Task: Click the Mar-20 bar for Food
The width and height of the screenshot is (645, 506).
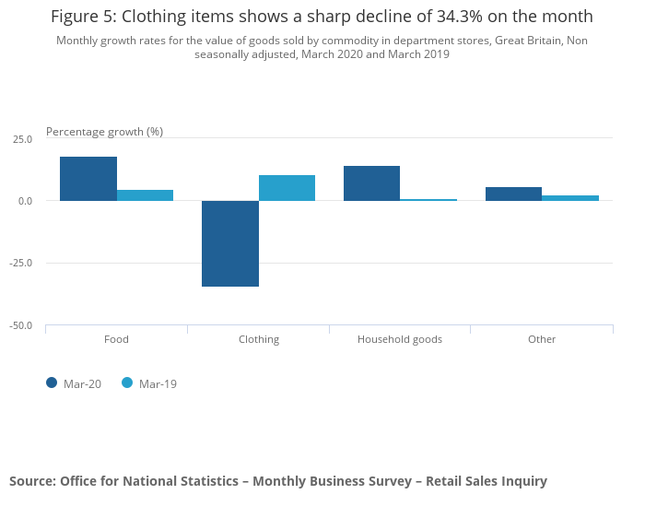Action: click(x=88, y=179)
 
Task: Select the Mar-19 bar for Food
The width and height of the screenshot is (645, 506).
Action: click(x=145, y=195)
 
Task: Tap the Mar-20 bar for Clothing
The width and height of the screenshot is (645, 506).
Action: click(x=230, y=243)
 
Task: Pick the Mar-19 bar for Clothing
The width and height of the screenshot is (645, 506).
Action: click(x=287, y=188)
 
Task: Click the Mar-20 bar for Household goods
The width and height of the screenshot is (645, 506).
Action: click(x=371, y=183)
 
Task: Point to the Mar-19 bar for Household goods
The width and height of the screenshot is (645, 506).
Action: click(x=428, y=200)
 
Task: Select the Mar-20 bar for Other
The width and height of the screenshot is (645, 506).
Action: click(x=513, y=194)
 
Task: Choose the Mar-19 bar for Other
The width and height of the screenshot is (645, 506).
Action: click(x=570, y=198)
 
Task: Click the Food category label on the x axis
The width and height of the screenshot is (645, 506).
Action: click(x=116, y=339)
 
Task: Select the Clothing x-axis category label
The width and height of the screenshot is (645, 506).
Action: click(x=259, y=339)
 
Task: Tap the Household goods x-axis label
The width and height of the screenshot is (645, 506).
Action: click(x=400, y=339)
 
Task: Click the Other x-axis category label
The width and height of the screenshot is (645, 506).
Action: click(x=542, y=339)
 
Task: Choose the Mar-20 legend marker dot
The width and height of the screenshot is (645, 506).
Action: click(x=52, y=383)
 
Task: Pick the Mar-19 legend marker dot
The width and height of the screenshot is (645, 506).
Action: click(x=127, y=383)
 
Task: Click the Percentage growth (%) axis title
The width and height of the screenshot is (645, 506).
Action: click(x=104, y=132)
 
